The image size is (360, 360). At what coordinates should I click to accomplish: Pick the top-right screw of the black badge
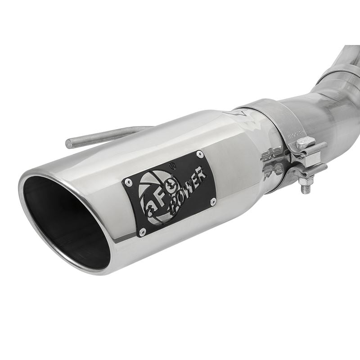200,154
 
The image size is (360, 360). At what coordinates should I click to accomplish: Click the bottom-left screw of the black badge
142,232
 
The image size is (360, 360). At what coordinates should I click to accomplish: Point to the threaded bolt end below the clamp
306,188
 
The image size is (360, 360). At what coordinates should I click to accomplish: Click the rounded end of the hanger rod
69,144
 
